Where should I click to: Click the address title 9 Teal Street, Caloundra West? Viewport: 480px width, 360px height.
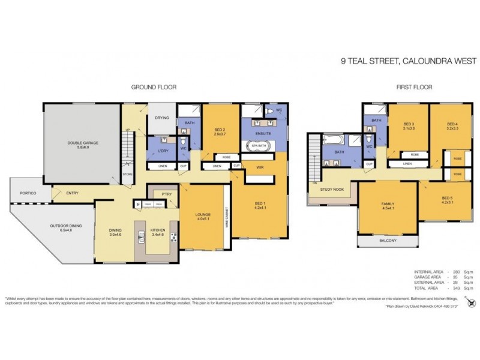[x=408, y=61]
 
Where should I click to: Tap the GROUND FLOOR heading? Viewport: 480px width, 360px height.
[x=154, y=87]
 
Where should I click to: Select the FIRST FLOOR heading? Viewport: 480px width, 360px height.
[x=414, y=87]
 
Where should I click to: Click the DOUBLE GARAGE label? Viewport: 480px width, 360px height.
[x=83, y=143]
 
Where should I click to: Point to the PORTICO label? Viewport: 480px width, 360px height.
[x=28, y=193]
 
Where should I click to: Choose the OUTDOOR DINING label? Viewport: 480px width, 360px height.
[x=66, y=227]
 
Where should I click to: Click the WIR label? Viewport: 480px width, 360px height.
[x=260, y=167]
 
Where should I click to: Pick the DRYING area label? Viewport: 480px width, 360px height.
[x=162, y=118]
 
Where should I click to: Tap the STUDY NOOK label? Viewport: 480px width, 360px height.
[x=332, y=189]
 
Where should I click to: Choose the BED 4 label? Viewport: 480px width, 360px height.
[x=452, y=124]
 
